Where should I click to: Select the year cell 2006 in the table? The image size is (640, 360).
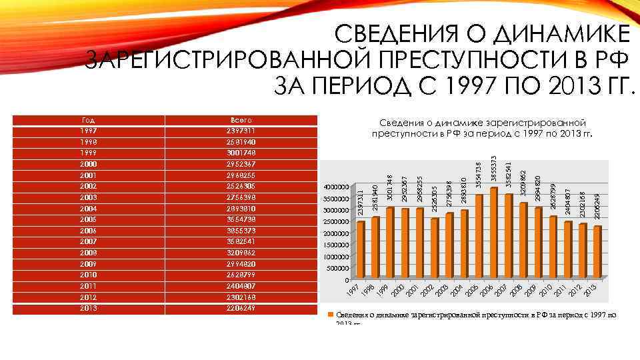coord(87,229)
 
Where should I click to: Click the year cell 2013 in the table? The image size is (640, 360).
coord(87,308)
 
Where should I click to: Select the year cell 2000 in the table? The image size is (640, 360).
coord(87,164)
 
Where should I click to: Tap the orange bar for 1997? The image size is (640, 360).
coord(361,250)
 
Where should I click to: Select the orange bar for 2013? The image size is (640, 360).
coord(597,252)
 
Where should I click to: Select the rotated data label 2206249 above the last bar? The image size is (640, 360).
coord(597,207)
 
